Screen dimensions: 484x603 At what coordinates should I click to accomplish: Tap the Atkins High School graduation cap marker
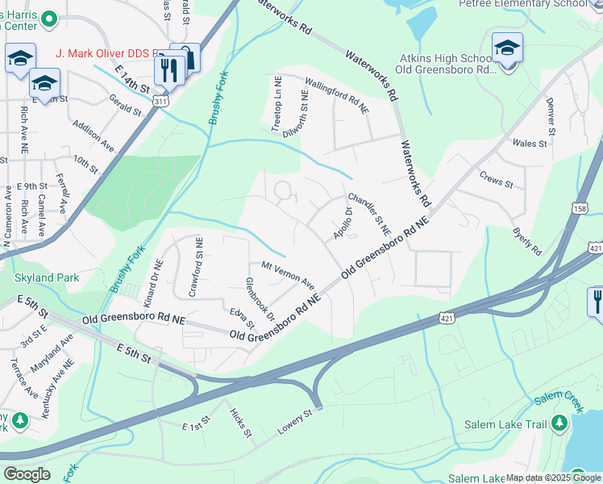click(x=507, y=49)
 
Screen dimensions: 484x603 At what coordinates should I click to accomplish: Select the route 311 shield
click(x=162, y=102)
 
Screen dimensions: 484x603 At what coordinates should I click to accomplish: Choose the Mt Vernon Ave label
click(x=288, y=275)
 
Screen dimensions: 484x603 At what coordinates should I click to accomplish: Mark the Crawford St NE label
click(x=193, y=273)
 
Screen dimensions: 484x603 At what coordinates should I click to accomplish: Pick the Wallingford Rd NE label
click(x=337, y=95)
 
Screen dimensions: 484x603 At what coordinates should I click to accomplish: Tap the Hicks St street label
click(x=241, y=423)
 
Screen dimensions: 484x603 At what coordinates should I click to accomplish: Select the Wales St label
click(x=530, y=143)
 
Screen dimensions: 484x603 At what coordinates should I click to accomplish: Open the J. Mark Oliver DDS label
click(x=102, y=53)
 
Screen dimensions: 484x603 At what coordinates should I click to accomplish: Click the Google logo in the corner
click(x=27, y=474)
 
